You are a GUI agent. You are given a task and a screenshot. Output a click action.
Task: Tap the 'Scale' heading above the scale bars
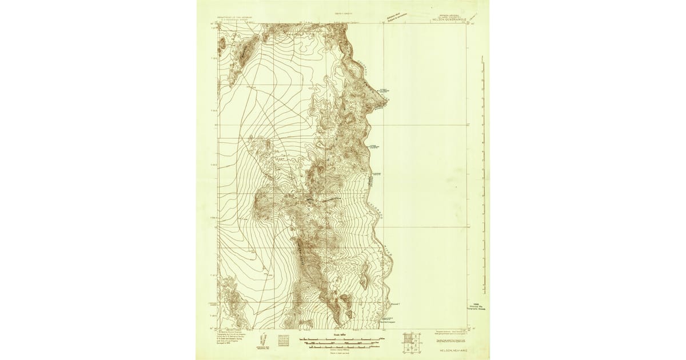[331, 335]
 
